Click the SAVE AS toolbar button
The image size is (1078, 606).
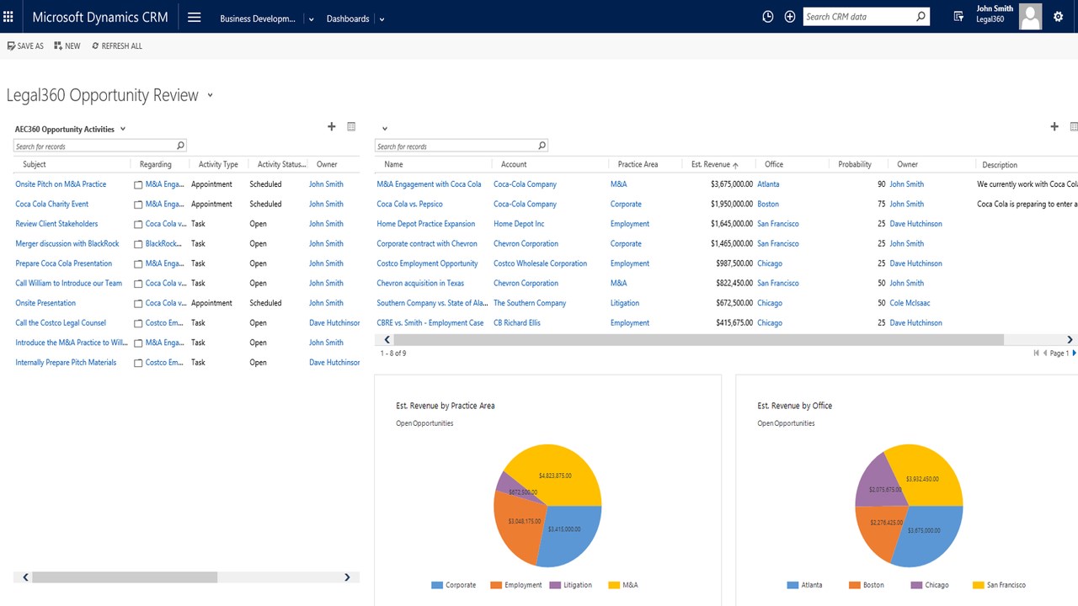pyautogui.click(x=25, y=46)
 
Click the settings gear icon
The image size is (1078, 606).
pyautogui.click(x=1059, y=17)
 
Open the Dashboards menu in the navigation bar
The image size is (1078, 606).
pyautogui.click(x=349, y=19)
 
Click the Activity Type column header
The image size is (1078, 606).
pyautogui.click(x=218, y=165)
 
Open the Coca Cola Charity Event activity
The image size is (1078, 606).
pyautogui.click(x=52, y=204)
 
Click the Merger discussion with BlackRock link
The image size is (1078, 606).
pyautogui.click(x=67, y=243)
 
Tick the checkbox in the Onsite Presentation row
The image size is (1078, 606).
pyautogui.click(x=138, y=304)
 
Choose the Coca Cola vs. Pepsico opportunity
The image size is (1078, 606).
pyautogui.click(x=409, y=204)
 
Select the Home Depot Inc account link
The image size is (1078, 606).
pyautogui.click(x=519, y=224)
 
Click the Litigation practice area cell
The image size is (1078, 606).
pyautogui.click(x=625, y=303)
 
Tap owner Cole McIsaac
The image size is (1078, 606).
pyautogui.click(x=910, y=303)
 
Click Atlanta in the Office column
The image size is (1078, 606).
pyautogui.click(x=768, y=184)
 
